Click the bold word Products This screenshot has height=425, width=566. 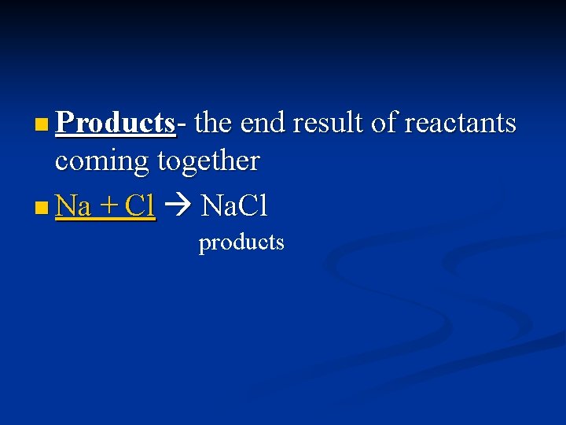[116, 123]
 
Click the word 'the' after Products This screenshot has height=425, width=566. [213, 123]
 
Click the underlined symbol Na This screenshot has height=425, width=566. [73, 206]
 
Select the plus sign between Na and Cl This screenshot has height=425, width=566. [108, 206]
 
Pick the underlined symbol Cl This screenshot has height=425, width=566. [140, 206]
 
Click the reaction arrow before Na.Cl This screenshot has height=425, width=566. [178, 207]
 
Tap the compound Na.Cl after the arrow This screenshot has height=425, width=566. [235, 206]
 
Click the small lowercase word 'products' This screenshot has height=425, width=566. [241, 242]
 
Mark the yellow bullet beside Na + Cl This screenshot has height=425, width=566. [42, 208]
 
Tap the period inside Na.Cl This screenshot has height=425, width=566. [233, 215]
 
